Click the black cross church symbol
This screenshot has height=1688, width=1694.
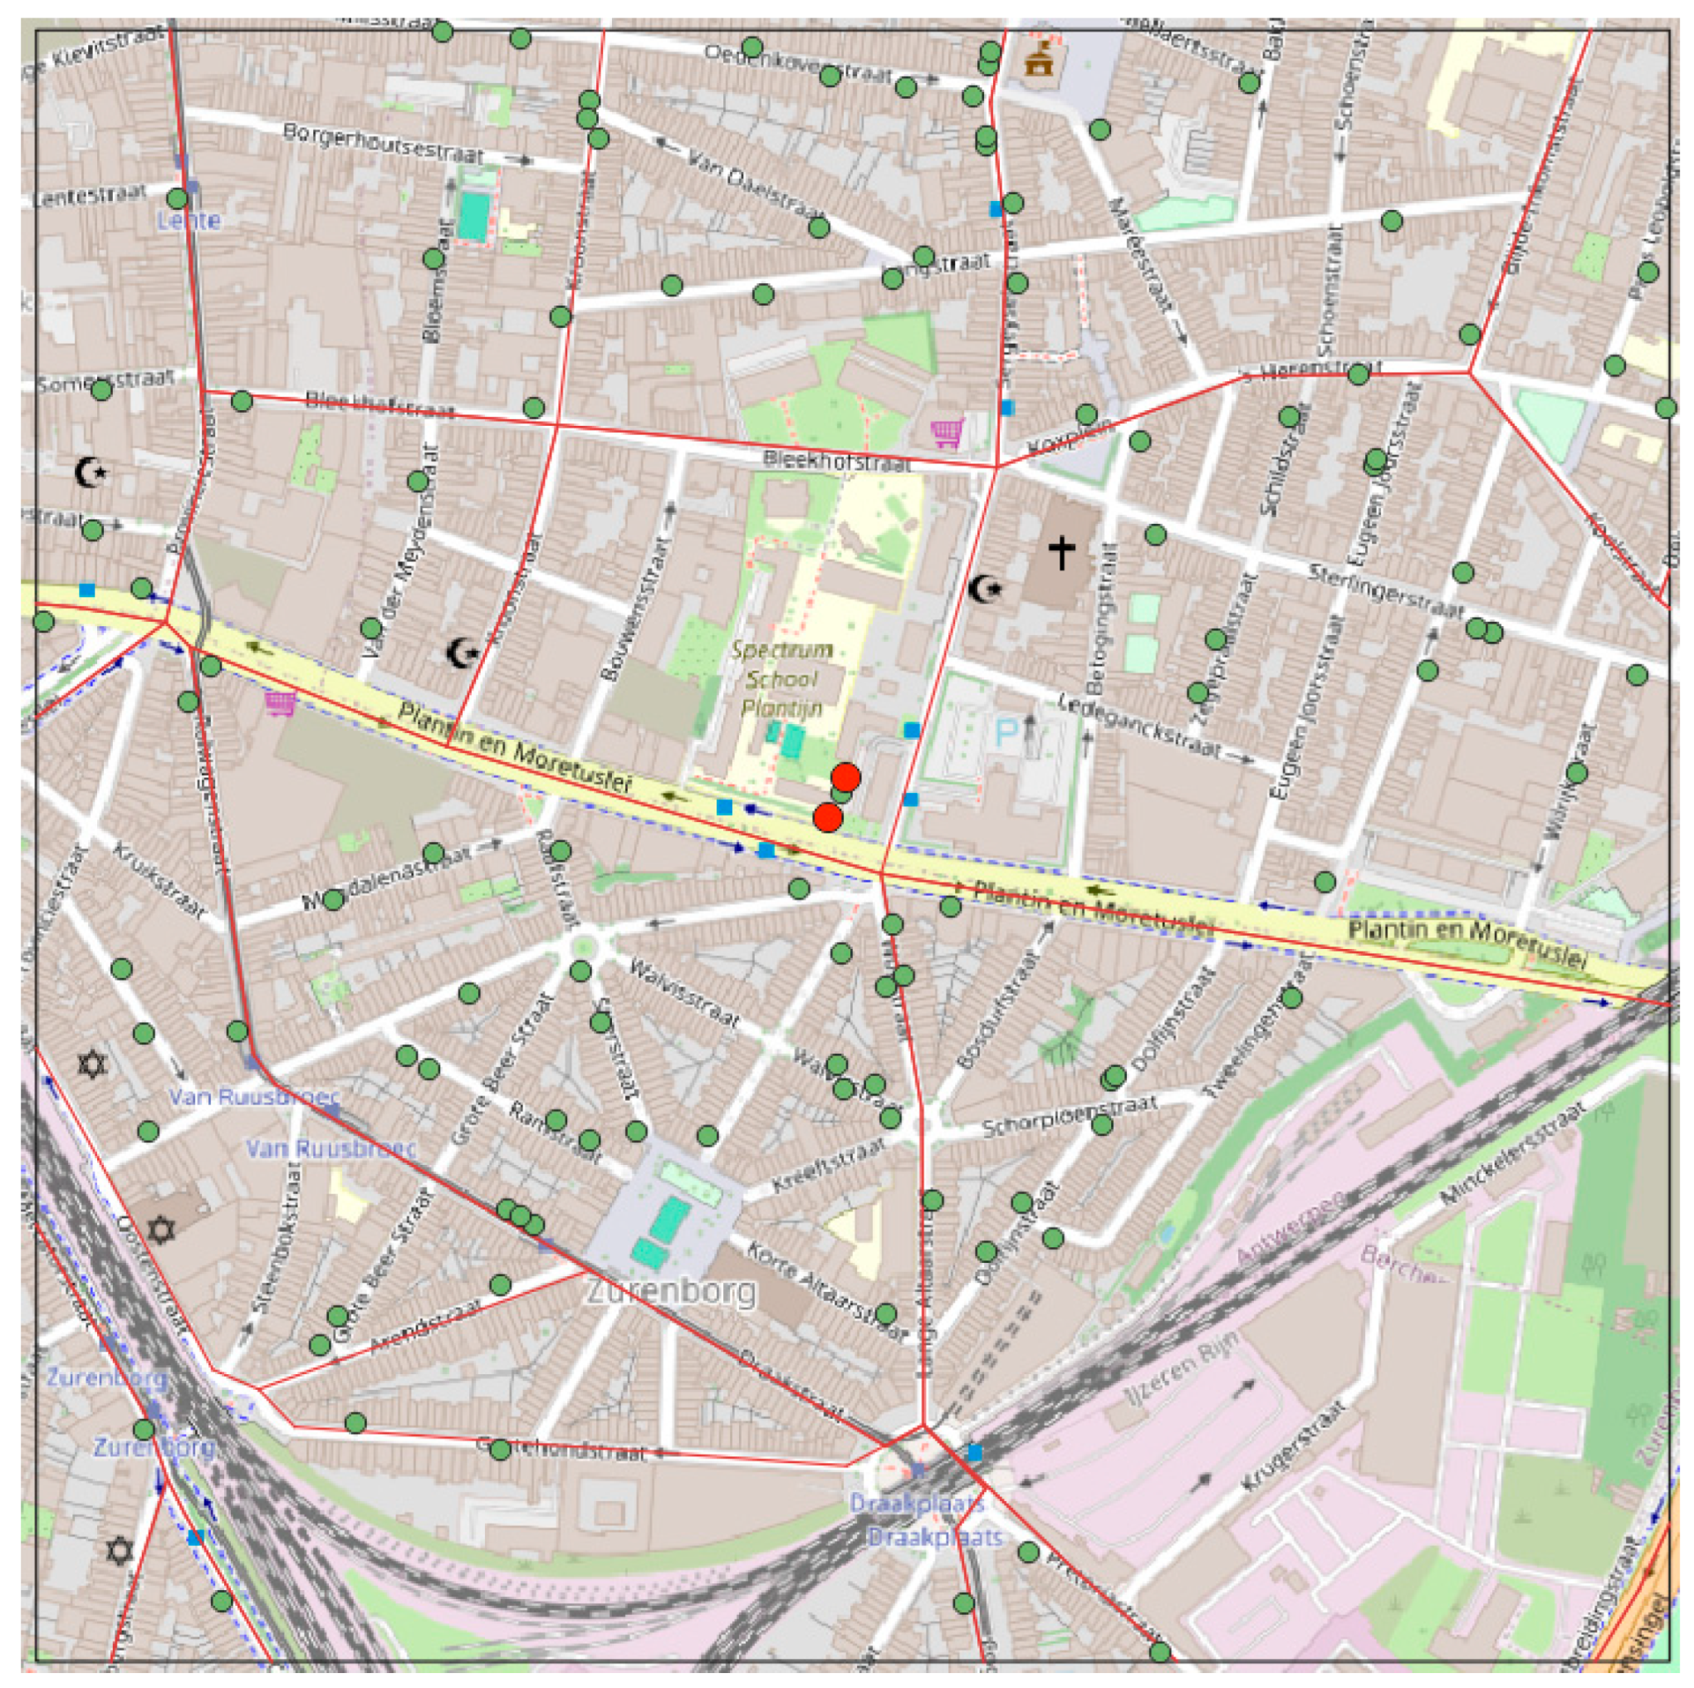tap(1061, 553)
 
